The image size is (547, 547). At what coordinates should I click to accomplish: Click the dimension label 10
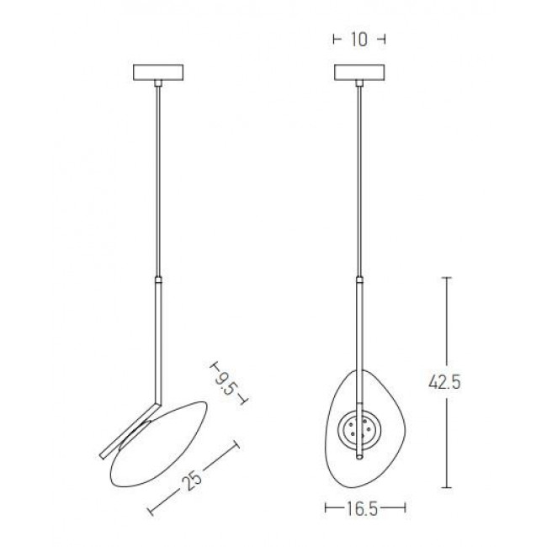coord(359,39)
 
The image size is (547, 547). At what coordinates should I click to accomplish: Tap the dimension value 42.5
coord(444,383)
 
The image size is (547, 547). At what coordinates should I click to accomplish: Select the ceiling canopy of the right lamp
coord(359,74)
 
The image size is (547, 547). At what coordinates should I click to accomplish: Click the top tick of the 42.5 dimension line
coord(446,279)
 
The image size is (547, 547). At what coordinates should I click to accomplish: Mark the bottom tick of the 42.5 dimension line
coord(446,487)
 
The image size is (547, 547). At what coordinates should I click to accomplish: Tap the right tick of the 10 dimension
coord(383,39)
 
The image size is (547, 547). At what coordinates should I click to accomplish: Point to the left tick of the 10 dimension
coord(336,39)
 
